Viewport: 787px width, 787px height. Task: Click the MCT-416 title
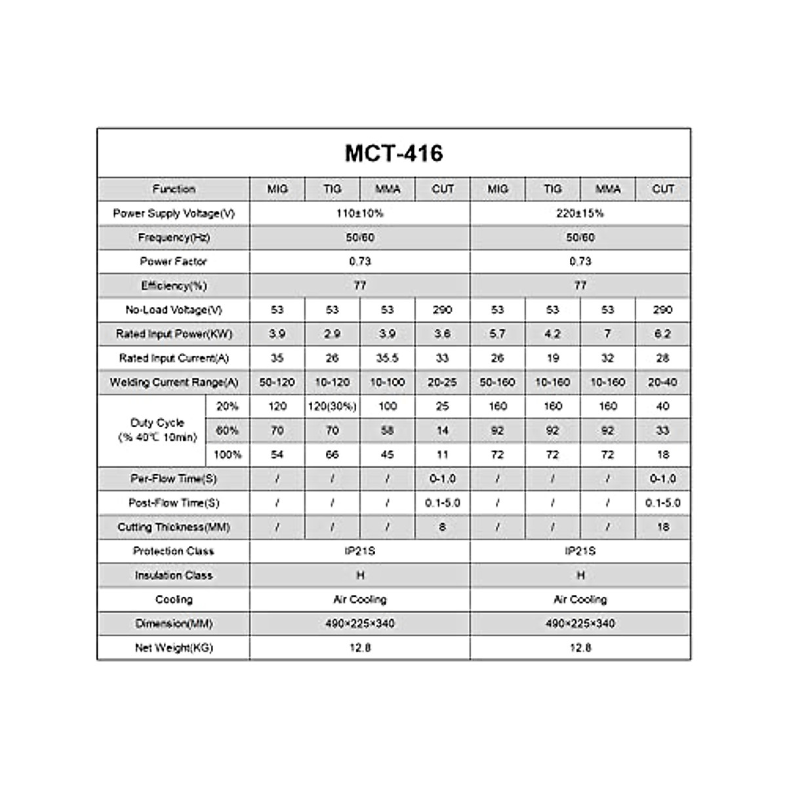tap(393, 153)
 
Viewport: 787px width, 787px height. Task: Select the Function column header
tap(174, 189)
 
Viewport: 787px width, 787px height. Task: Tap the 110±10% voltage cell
tap(360, 213)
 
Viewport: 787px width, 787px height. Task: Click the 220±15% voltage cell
tap(580, 213)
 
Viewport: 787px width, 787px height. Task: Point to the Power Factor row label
tap(174, 261)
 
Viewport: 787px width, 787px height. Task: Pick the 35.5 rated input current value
tap(388, 358)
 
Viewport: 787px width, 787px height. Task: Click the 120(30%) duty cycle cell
tap(333, 407)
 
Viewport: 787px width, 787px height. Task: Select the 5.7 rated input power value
tap(498, 334)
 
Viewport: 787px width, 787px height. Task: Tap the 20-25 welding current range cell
tap(443, 382)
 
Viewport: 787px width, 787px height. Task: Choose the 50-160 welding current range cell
tap(498, 382)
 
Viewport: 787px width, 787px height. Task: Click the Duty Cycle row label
tap(157, 430)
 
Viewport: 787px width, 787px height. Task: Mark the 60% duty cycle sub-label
tap(228, 431)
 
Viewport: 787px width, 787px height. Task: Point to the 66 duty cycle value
tap(333, 454)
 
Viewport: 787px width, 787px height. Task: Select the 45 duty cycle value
tap(388, 454)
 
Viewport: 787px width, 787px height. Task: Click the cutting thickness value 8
tap(443, 527)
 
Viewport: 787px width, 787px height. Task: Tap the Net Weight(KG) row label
tap(174, 648)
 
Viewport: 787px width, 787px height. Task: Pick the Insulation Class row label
tap(174, 575)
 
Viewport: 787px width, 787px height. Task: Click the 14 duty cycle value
tap(443, 431)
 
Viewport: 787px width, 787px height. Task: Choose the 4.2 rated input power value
tap(553, 334)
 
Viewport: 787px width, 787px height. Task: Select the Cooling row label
tap(174, 599)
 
